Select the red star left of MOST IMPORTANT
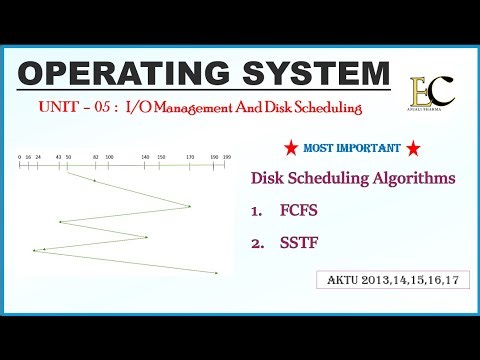point(289,149)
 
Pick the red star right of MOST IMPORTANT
point(412,149)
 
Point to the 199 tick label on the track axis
point(228,157)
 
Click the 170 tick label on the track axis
point(190,157)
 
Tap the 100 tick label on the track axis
point(109,157)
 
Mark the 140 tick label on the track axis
point(146,157)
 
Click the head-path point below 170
point(189,207)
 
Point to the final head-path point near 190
point(217,273)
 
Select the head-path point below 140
point(147,237)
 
